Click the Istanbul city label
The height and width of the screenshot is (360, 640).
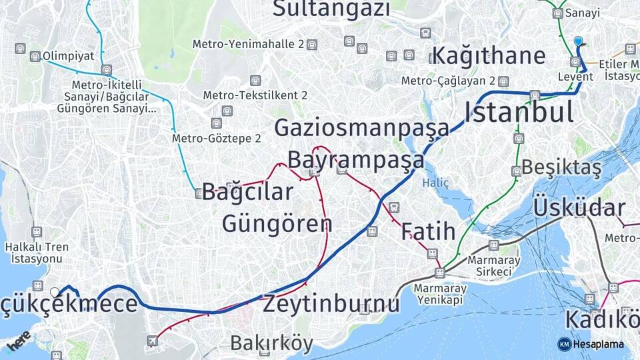tap(519, 111)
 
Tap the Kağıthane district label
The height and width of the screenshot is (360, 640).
tap(489, 55)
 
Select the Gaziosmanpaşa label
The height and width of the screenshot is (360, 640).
tap(362, 127)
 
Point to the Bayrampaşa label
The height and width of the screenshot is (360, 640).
tap(356, 160)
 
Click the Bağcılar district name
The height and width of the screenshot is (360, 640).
tap(247, 192)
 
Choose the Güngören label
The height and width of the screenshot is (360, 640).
tap(277, 223)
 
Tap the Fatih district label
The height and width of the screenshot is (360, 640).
tap(429, 232)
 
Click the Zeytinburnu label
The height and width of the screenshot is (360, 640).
tap(331, 304)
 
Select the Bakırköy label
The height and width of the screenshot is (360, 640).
tap(271, 343)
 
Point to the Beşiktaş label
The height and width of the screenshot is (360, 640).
tap(561, 167)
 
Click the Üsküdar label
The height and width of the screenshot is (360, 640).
tap(579, 208)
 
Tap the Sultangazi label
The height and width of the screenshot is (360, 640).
tap(331, 9)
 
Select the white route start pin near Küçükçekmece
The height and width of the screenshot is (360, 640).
tap(55, 291)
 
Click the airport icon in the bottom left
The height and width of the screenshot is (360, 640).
tap(153, 341)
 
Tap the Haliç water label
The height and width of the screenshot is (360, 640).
tap(436, 183)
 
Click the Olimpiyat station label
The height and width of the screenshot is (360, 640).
tap(68, 57)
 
